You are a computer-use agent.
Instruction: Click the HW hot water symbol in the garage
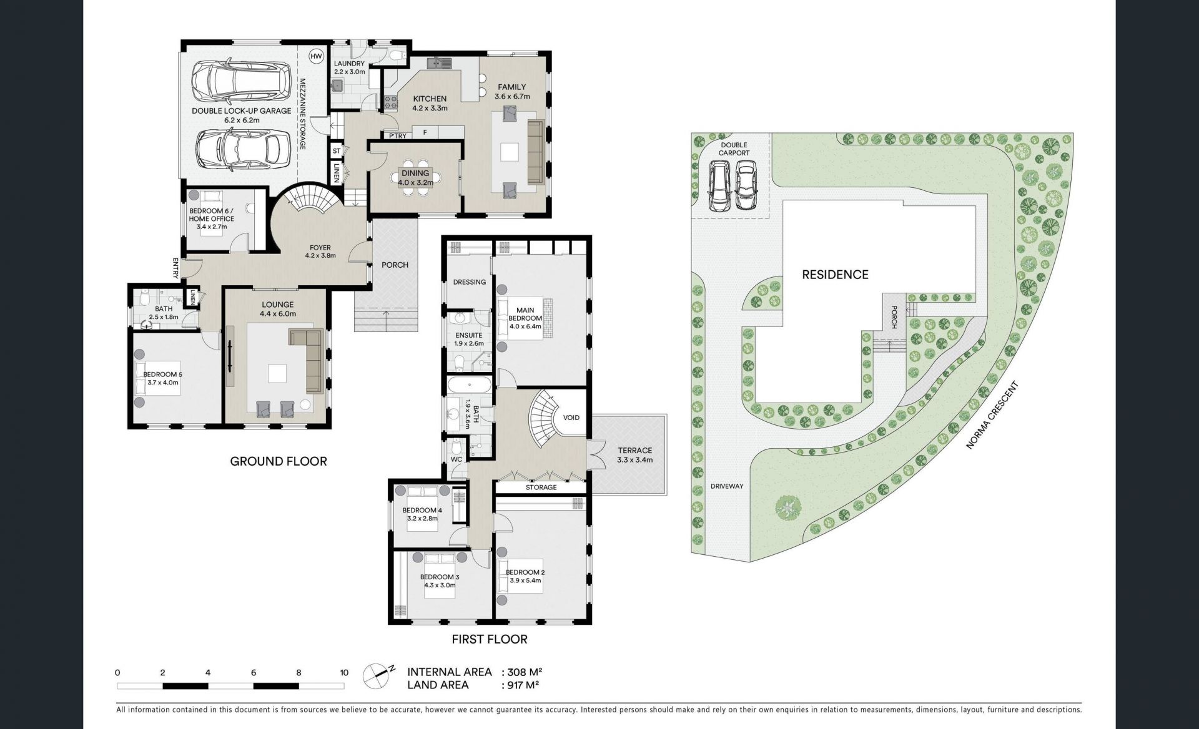point(317,56)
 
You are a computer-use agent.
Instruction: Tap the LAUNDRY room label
point(349,64)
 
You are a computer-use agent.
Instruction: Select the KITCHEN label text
point(430,99)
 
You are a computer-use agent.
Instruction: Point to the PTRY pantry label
point(398,135)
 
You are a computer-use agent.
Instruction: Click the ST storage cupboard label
point(337,151)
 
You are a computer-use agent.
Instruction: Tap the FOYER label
point(320,248)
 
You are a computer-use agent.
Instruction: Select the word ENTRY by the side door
point(176,268)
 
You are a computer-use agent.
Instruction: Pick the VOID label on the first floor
point(571,418)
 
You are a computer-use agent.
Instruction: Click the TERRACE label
point(634,450)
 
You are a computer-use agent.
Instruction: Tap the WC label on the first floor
point(456,460)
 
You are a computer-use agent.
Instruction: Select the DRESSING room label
point(470,282)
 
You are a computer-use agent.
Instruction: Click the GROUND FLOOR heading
point(279,461)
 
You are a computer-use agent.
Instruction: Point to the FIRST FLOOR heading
point(490,639)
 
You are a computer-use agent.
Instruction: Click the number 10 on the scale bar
point(344,673)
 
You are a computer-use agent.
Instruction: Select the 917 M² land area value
point(521,685)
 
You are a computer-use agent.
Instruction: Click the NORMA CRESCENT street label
point(992,416)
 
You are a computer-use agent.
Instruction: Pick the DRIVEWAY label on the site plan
point(727,486)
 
